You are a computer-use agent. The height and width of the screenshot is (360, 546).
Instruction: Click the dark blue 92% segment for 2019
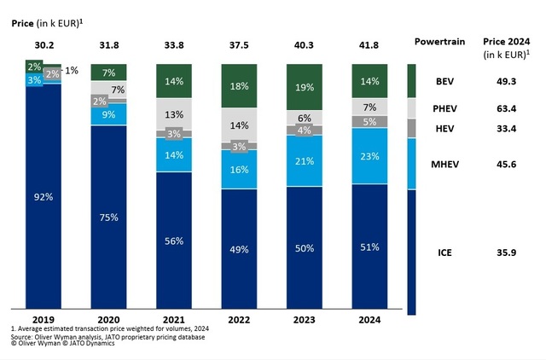pos(43,196)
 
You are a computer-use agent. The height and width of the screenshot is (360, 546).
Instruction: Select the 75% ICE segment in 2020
pos(108,218)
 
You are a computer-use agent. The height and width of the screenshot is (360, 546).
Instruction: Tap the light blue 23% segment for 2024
pos(368,156)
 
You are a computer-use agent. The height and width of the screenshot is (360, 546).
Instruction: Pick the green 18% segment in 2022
pos(238,85)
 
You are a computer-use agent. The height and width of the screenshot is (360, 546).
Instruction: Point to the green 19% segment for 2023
pos(303,87)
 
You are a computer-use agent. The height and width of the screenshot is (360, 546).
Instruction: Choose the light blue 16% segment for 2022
pos(238,169)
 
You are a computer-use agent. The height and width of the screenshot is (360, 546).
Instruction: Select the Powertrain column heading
pos(439,41)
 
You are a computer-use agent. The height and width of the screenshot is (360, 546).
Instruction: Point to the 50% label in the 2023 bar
pos(303,247)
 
